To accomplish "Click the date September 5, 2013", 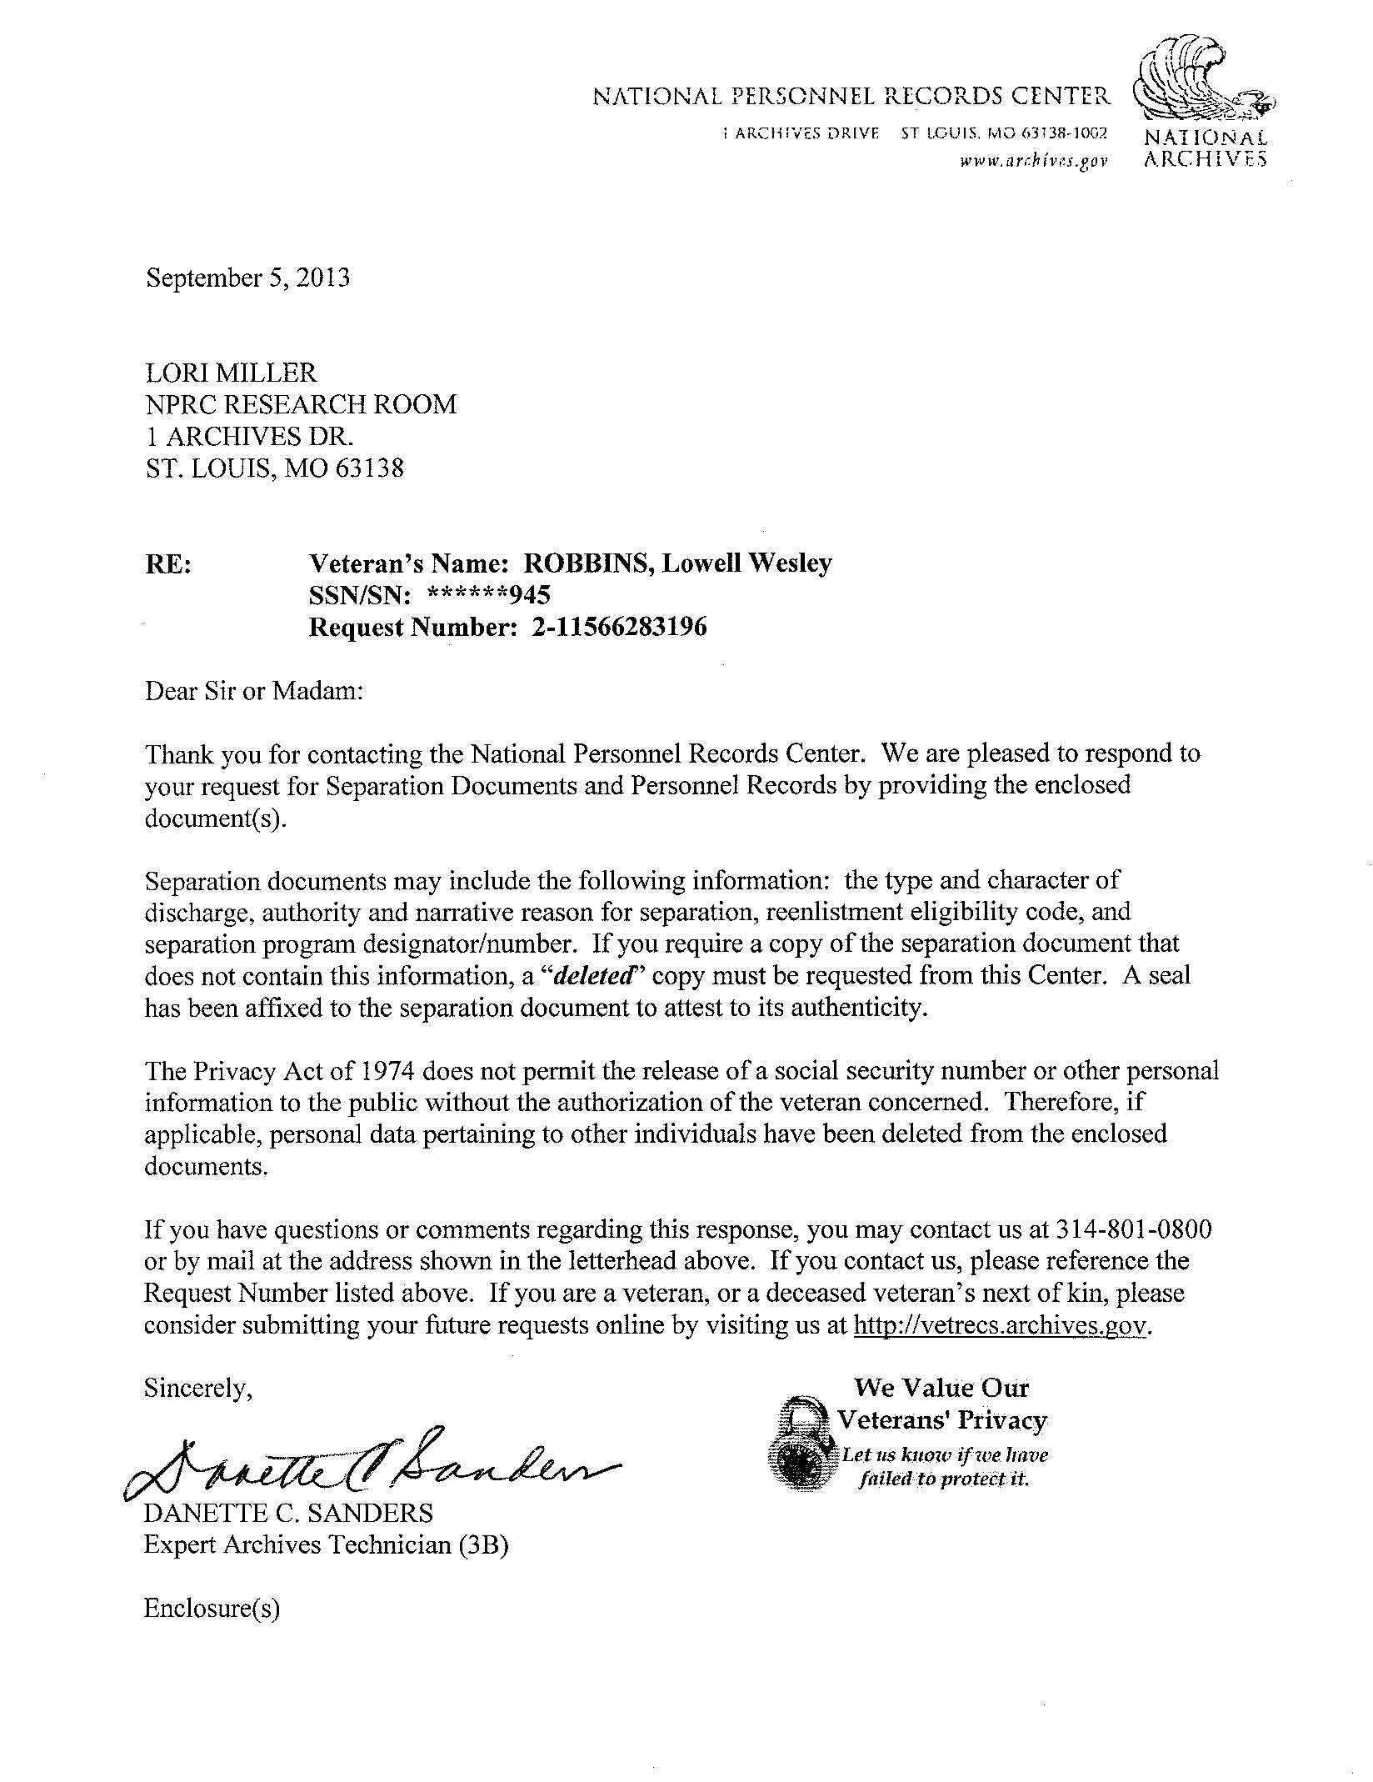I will tap(247, 278).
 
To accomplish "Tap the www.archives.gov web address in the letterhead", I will tap(1033, 161).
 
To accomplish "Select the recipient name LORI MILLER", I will tap(231, 373).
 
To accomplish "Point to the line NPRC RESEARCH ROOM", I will tap(301, 404).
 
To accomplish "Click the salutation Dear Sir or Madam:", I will tap(254, 691).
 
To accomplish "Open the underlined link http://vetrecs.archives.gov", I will tap(1001, 1325).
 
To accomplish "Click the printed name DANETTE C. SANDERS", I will tap(288, 1513).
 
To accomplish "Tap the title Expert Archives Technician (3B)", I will tap(326, 1544).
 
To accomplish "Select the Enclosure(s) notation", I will tap(212, 1608).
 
